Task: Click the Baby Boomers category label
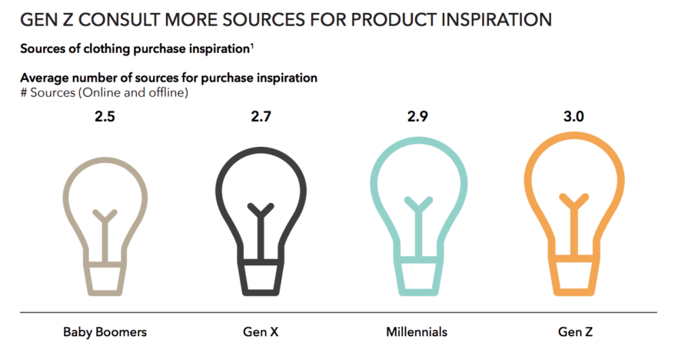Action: [x=105, y=332]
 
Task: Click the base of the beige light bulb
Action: [x=105, y=279]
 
